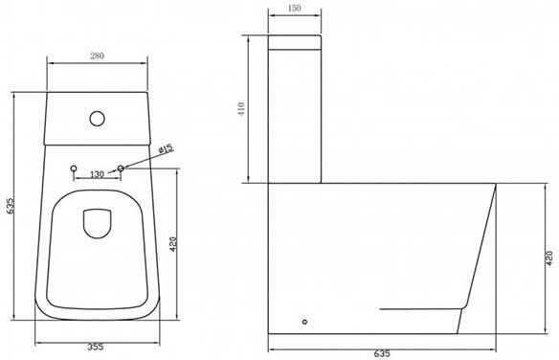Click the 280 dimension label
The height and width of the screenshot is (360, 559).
(x=97, y=56)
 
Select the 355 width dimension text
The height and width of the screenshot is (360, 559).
(x=96, y=347)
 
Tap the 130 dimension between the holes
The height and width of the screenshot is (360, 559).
(x=97, y=174)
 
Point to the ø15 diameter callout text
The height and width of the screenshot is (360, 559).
(x=166, y=148)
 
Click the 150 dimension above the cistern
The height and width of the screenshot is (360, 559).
(x=294, y=9)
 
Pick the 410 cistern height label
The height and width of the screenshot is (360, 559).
(x=242, y=109)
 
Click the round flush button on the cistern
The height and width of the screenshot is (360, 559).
(x=97, y=119)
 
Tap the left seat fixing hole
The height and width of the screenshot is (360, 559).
(x=74, y=169)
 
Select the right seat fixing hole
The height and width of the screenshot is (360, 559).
(x=121, y=169)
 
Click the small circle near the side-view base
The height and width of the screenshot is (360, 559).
(x=304, y=322)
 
